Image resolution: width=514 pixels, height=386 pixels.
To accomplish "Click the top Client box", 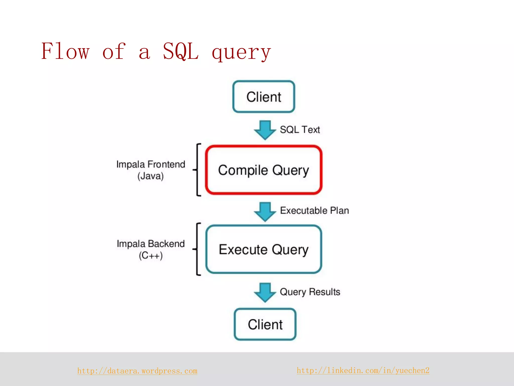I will pos(264,97).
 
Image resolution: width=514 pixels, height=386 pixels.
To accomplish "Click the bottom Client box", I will pos(265,324).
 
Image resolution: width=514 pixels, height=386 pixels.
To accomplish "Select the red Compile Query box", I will pos(264,170).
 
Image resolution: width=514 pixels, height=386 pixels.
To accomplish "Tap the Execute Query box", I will pos(264,249).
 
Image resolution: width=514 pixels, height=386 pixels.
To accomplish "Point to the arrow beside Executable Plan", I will pos(265,211).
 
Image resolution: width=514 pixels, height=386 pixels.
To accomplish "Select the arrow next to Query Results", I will pos(265,292).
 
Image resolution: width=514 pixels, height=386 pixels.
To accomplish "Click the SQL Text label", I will pos(300,130).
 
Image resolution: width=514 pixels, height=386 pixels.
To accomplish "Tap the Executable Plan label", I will pos(314,211).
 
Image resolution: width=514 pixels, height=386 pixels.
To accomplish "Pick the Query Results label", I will pos(310,292).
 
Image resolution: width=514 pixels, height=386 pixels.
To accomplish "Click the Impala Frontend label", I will pos(151,164).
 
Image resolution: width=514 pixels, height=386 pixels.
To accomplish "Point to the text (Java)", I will pos(151,176).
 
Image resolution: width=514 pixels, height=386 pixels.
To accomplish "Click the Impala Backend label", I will pos(151,244).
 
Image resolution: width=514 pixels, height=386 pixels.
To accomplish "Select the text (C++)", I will pos(151,256).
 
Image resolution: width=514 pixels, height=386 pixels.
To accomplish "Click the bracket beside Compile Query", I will pos(198,170).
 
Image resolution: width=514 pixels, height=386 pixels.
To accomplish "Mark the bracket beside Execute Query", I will pos(198,249).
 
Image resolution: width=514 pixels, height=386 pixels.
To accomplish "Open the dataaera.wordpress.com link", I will pos(137,371).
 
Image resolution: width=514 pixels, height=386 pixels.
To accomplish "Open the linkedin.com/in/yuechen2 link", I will pos(363,370).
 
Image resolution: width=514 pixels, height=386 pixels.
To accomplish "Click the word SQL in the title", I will pos(181,52).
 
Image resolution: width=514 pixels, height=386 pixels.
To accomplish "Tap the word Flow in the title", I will pos(65,52).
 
